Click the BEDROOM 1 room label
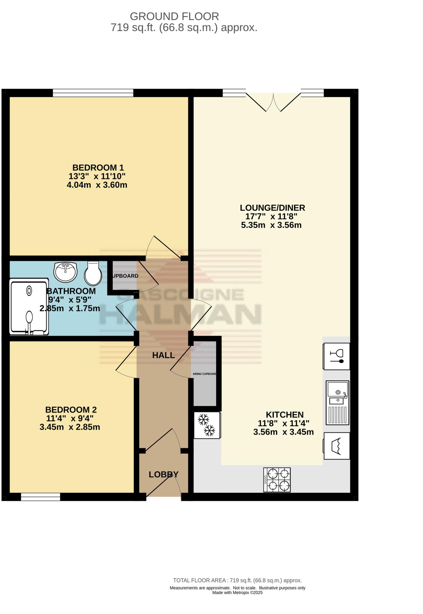tap(98, 167)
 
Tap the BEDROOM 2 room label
tap(71, 410)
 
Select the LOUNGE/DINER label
tap(272, 207)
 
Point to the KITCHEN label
tap(284, 415)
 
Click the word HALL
tap(163, 355)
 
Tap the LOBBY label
tap(164, 475)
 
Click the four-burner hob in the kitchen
tap(277, 480)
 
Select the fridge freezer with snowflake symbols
tap(207, 425)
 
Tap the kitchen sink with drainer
tap(337, 403)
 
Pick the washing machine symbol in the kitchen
tap(337, 446)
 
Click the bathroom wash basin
tap(65, 272)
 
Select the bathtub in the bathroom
tap(29, 307)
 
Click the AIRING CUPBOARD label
tap(204, 374)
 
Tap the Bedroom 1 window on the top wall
tap(93, 93)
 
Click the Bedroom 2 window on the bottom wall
tap(40, 497)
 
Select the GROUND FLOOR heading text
tap(174, 16)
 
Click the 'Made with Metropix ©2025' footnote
tap(237, 592)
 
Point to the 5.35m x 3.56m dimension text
tap(271, 225)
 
